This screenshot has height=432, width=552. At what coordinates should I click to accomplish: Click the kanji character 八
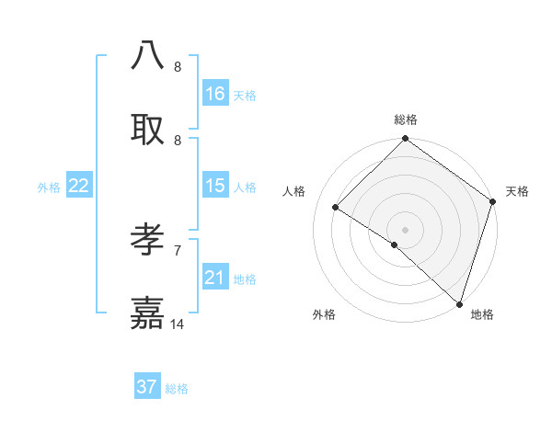[x=148, y=55]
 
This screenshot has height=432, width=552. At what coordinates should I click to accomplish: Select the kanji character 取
[x=148, y=128]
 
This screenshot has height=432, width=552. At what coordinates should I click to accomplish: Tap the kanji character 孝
[x=148, y=240]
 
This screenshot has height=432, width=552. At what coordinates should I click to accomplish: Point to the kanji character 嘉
[x=148, y=313]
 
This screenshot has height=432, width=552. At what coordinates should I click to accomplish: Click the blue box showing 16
[x=215, y=94]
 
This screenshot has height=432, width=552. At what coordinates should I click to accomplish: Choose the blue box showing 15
[x=215, y=186]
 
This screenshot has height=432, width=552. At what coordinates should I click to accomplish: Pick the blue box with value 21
[x=215, y=278]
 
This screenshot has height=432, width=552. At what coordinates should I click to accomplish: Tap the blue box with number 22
[x=79, y=186]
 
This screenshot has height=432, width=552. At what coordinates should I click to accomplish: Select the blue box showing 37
[x=147, y=387]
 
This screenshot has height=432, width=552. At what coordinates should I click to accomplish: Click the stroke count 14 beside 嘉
[x=178, y=324]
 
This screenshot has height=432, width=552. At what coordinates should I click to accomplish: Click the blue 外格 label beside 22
[x=49, y=187]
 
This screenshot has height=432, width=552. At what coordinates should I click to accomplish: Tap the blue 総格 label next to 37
[x=177, y=389]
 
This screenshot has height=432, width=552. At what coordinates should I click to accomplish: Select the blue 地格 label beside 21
[x=245, y=279]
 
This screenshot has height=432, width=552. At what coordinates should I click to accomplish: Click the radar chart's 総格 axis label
[x=406, y=119]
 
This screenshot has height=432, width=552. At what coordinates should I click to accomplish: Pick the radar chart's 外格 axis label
[x=324, y=314]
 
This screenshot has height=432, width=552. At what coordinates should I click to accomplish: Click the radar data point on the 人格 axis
[x=336, y=208]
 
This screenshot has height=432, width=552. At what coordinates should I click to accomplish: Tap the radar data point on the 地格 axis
[x=459, y=304]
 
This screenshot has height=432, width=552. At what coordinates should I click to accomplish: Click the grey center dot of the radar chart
[x=405, y=229]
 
